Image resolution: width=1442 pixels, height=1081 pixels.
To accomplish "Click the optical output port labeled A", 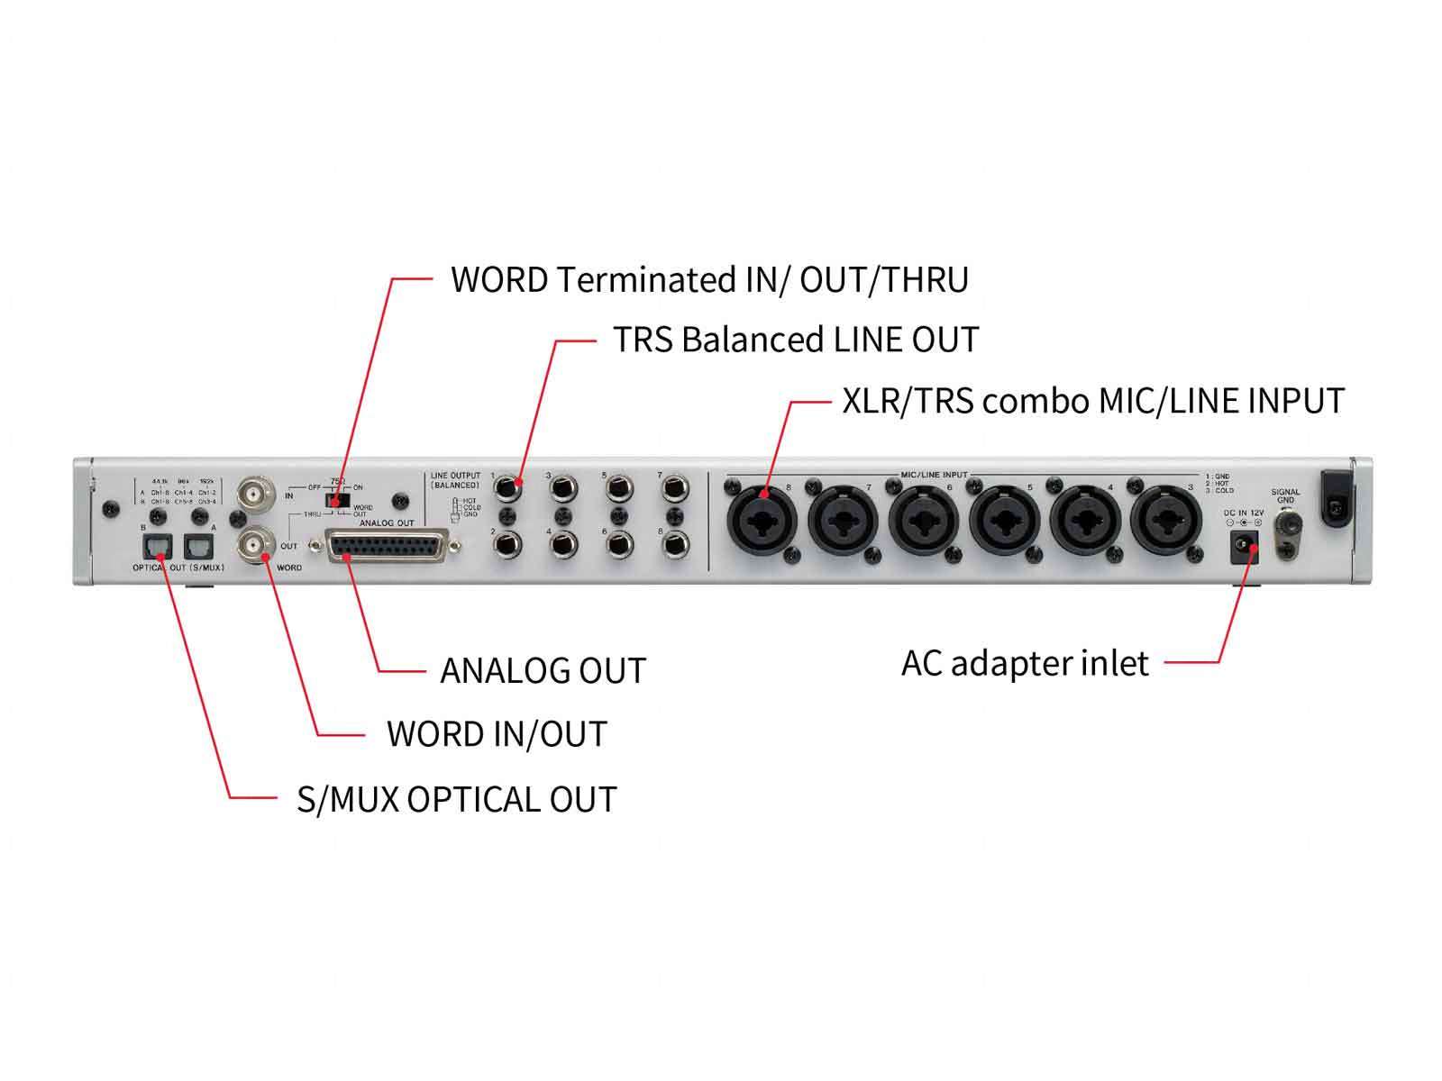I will tap(197, 547).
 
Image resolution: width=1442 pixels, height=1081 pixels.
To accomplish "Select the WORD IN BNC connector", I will tap(253, 495).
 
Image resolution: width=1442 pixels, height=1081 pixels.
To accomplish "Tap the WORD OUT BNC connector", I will tap(253, 545).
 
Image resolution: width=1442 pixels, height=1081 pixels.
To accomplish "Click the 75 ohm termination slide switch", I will tap(338, 500).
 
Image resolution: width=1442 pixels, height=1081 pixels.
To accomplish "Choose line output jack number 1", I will tap(508, 489).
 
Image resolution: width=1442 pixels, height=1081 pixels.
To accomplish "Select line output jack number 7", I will tap(674, 489).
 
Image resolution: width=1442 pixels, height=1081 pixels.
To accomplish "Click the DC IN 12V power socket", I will tap(1245, 547).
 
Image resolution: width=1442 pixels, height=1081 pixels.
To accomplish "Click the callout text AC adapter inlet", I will tap(1025, 664).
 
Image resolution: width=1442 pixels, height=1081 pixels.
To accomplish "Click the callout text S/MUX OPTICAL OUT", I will tap(456, 800).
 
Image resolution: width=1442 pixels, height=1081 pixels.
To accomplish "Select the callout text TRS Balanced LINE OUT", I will tap(795, 341).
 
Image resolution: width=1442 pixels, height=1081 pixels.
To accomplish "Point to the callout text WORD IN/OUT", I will tap(497, 734).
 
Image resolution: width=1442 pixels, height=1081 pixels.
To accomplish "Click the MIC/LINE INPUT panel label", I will tap(934, 475).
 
